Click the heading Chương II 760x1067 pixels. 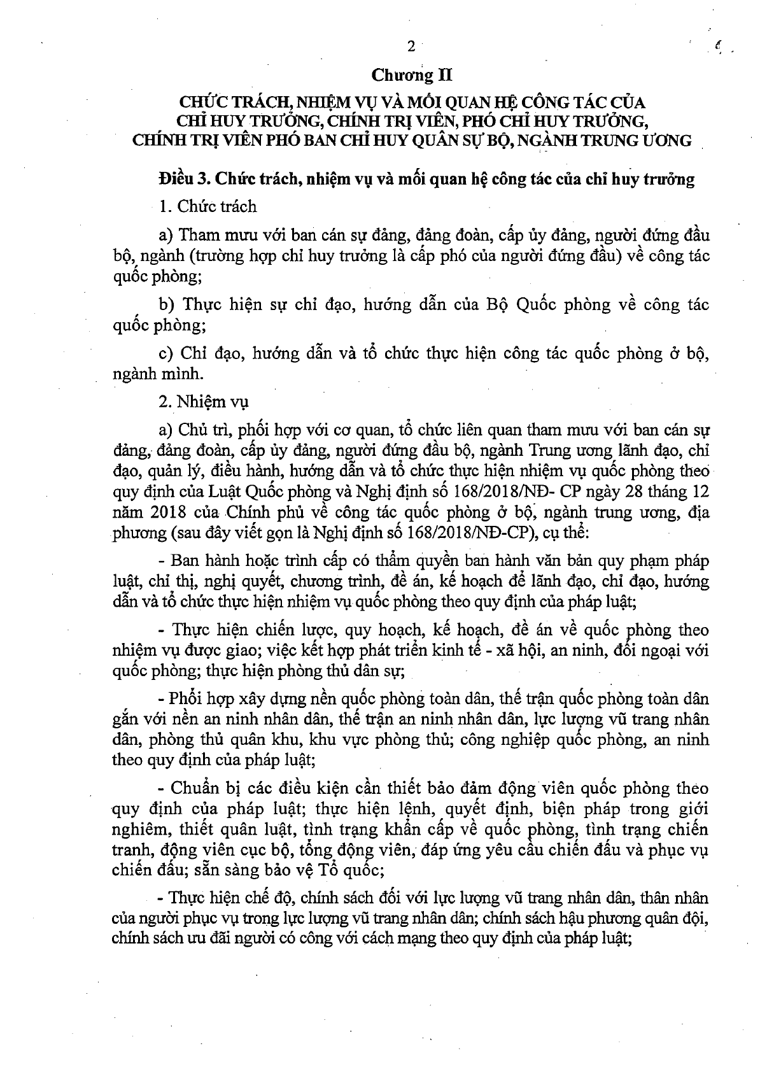pos(411,76)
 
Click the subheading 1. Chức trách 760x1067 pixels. pos(208,206)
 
